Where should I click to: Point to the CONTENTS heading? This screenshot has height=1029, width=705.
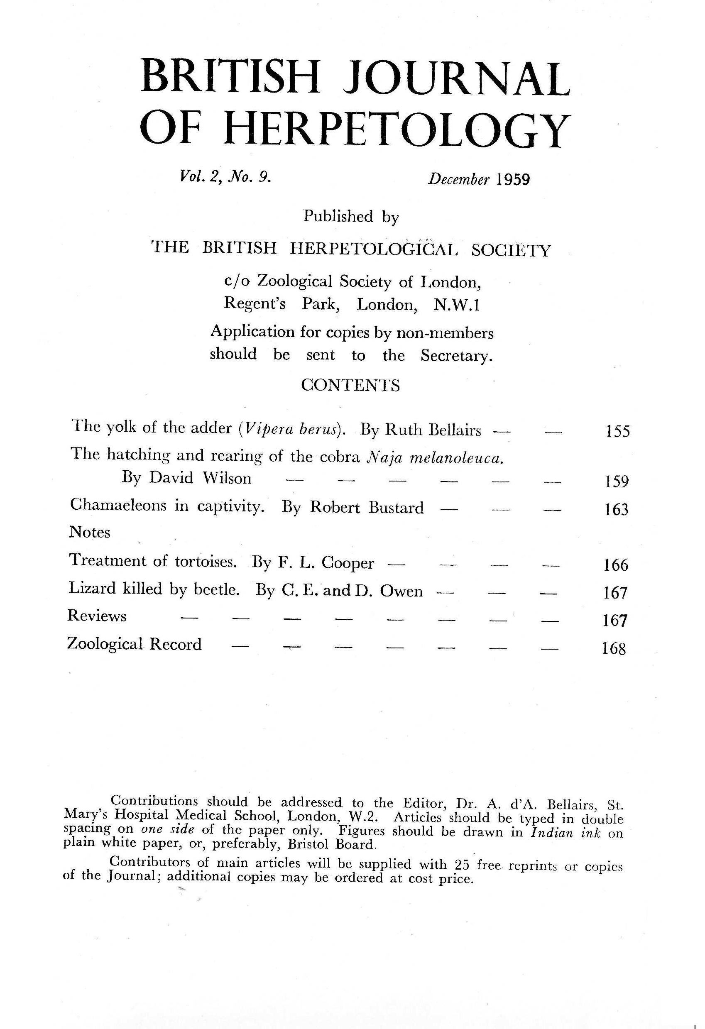[350, 386]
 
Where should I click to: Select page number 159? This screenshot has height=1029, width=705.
[617, 481]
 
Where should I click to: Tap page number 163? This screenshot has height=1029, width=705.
[617, 509]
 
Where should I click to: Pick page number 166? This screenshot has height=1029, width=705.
[616, 565]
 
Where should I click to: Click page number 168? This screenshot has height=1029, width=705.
[614, 649]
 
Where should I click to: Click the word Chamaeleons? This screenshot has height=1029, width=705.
[118, 505]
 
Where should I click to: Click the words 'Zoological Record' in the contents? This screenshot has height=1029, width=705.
[134, 644]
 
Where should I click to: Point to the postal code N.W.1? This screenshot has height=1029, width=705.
[457, 305]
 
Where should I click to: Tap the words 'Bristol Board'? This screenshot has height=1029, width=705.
[331, 844]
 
